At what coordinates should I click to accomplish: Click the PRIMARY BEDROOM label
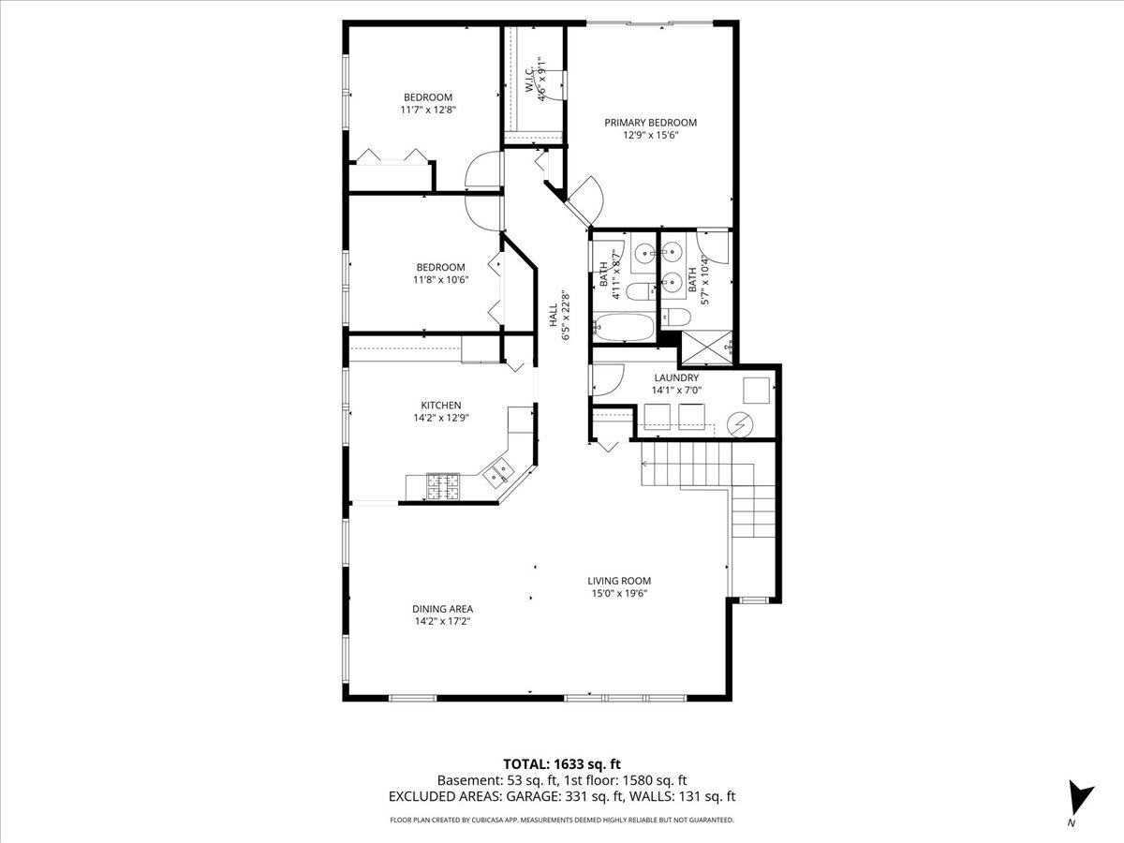[x=650, y=123]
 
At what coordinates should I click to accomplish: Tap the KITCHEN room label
[x=441, y=406]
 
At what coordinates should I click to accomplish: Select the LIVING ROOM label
[x=619, y=581]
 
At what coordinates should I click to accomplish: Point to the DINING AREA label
[x=442, y=609]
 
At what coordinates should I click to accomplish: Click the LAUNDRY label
[x=676, y=377]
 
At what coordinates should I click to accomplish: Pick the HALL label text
[x=554, y=316]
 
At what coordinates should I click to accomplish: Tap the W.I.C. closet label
[x=530, y=81]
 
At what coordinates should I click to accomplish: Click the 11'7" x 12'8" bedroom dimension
[x=428, y=110]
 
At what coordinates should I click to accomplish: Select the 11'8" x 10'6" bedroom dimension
[x=441, y=280]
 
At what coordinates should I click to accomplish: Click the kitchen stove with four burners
[x=443, y=486]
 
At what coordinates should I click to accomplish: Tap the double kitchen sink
[x=497, y=473]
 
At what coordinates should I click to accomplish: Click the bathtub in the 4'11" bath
[x=624, y=327]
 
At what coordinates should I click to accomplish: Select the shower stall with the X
[x=706, y=348]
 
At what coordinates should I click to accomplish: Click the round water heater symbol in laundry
[x=741, y=425]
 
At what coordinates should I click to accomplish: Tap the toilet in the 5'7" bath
[x=676, y=318]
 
